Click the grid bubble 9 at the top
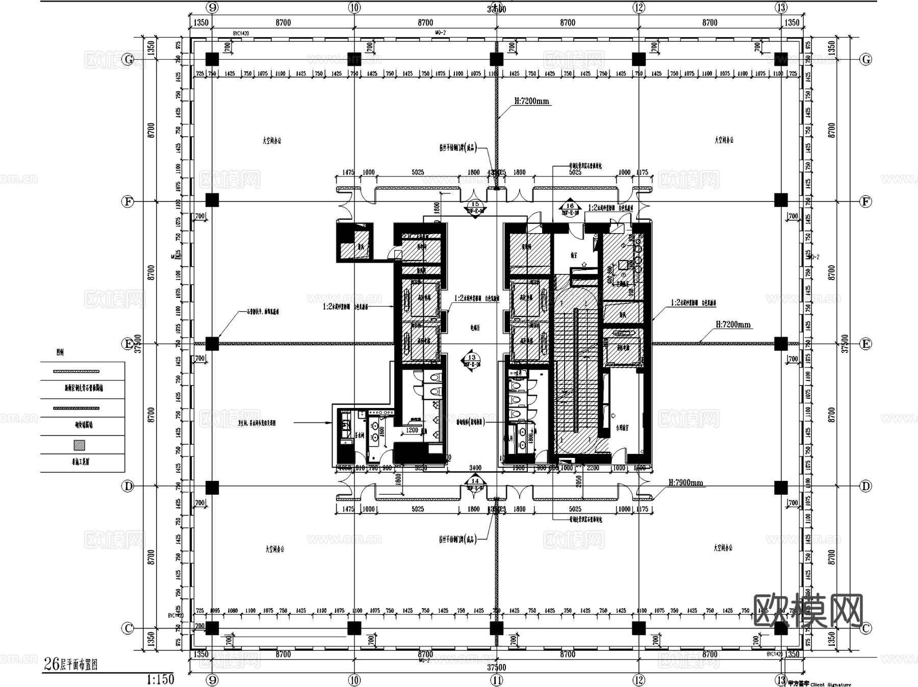point(213,7)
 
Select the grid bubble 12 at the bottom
point(639,680)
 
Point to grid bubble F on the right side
point(865,201)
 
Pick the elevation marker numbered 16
point(570,208)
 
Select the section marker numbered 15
point(475,207)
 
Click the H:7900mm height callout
point(685,482)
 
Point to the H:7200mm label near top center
point(531,101)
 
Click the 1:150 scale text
point(160,679)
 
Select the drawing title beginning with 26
point(70,664)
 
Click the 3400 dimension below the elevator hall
point(475,468)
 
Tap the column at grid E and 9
point(212,343)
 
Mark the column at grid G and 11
point(496,59)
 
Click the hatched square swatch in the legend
point(79,445)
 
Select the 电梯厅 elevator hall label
point(475,328)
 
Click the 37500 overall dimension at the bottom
point(496,667)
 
